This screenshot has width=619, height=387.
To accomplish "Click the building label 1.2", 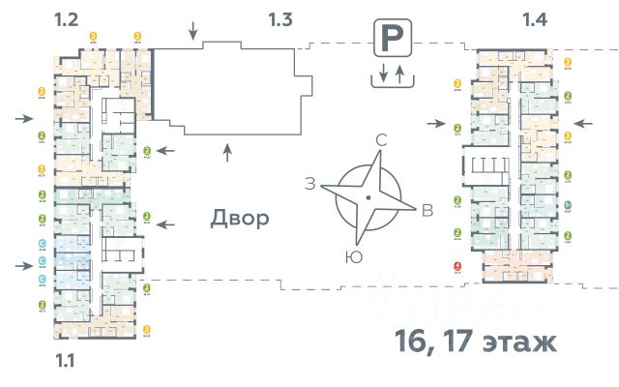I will coord(68,17).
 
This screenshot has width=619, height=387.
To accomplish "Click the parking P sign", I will coord(390,41).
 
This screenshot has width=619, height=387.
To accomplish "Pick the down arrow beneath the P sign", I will coord(382,74).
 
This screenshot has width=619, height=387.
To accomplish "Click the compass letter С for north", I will coord(381,141).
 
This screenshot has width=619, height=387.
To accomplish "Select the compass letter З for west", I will coord(310,184).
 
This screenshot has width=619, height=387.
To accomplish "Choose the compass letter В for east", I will coord(427,212).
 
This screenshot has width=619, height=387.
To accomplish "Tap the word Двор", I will coord(240,219).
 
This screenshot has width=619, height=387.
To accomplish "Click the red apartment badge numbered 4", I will coord(457,269).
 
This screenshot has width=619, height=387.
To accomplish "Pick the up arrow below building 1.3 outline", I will coord(227,151).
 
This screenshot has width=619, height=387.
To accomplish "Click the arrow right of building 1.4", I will coord(583,123).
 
